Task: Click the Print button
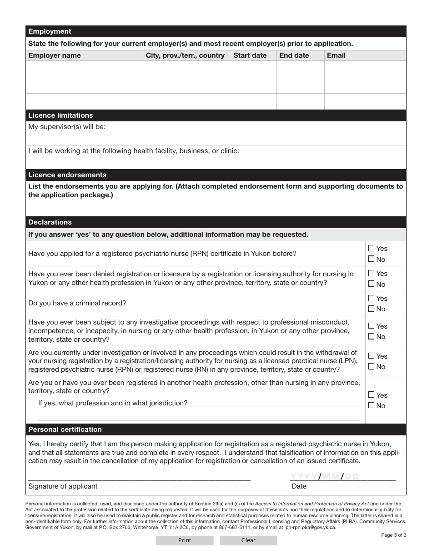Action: pyautogui.click(x=185, y=540)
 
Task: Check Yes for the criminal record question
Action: pyautogui.click(x=371, y=299)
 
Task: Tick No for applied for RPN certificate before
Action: pyautogui.click(x=371, y=259)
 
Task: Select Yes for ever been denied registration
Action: pyautogui.click(x=371, y=274)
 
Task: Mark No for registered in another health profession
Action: pyautogui.click(x=371, y=405)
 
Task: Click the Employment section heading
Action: pyautogui.click(x=50, y=31)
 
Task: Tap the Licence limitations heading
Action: pyautogui.click(x=60, y=115)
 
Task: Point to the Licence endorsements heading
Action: pyautogui.click(x=67, y=175)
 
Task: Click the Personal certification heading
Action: pyautogui.click(x=65, y=429)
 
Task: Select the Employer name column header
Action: pyautogui.click(x=55, y=55)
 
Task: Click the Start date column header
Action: pyautogui.click(x=250, y=55)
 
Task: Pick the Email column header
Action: pyautogui.click(x=336, y=55)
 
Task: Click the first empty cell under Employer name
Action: pyautogui.click(x=84, y=69)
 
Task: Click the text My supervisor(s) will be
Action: pyautogui.click(x=67, y=127)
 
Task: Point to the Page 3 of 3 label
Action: pyautogui.click(x=393, y=535)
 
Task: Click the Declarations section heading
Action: pyautogui.click(x=50, y=222)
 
